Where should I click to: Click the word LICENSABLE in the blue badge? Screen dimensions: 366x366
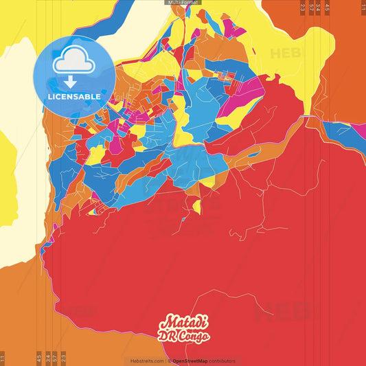tap(74, 97)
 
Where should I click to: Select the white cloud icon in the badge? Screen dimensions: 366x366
tap(73, 63)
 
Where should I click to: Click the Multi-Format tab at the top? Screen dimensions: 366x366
tap(183, 3)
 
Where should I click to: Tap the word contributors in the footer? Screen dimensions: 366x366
tap(222, 361)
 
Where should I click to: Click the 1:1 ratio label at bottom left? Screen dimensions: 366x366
tap(3, 358)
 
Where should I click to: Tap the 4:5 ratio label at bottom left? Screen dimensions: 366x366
tap(38, 358)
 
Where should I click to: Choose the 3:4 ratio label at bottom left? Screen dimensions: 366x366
tap(47, 358)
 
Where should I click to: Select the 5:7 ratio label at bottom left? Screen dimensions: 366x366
tap(55, 358)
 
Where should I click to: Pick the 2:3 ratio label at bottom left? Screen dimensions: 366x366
tap(63, 358)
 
